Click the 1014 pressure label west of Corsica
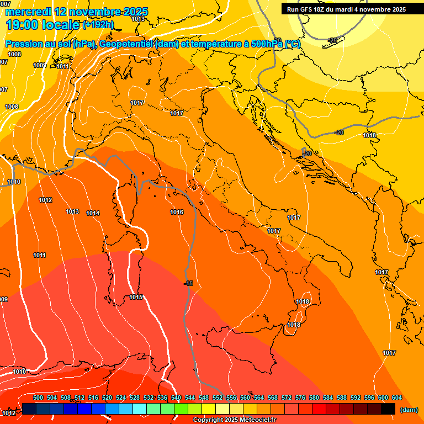[93, 213]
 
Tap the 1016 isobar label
[177, 212]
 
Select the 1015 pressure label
[136, 298]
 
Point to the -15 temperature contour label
[189, 283]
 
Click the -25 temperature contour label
[332, 40]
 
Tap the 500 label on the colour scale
[38, 397]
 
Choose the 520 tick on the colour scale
[107, 397]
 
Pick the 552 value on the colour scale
[218, 397]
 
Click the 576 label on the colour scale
[300, 397]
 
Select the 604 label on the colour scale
[396, 397]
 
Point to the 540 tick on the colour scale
[176, 397]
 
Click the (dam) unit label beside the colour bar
[409, 410]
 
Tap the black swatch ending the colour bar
[388, 409]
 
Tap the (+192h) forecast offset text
[98, 25]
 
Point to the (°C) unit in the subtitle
[290, 44]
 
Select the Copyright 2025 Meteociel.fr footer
[235, 420]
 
